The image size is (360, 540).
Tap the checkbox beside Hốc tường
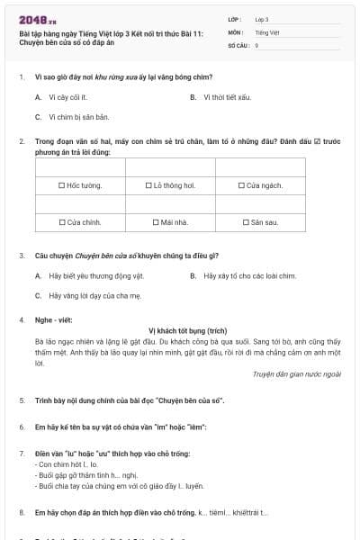[x=60, y=185]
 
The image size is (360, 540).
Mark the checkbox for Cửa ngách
[x=241, y=185]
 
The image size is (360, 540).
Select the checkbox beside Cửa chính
[x=62, y=221]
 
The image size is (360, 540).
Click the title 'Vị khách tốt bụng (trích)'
[x=188, y=330]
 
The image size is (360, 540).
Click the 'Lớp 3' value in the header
[x=262, y=19]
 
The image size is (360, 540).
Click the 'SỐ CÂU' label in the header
[x=237, y=44]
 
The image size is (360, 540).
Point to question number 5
[x=22, y=399]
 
